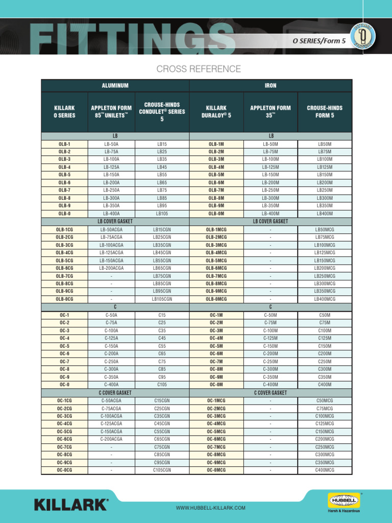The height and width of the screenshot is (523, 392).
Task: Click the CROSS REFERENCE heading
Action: click(199, 69)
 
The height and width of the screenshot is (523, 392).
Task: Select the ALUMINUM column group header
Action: click(115, 86)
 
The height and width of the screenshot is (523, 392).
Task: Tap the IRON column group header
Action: click(271, 86)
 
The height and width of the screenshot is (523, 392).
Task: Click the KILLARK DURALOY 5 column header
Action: click(216, 112)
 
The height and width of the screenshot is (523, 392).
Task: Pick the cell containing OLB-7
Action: click(64, 190)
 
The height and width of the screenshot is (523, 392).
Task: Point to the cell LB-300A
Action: click(111, 198)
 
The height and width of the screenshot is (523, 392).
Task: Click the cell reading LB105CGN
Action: click(162, 299)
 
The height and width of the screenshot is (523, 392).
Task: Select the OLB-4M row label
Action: click(216, 167)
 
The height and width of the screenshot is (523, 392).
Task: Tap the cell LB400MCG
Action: click(325, 299)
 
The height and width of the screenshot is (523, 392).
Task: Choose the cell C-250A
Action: click(111, 362)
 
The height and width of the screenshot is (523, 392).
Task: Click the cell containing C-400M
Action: click(271, 385)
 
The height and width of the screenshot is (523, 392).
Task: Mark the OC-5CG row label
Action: click(64, 432)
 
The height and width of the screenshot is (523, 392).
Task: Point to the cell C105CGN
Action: click(162, 470)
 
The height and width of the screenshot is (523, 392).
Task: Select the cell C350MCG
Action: click(325, 462)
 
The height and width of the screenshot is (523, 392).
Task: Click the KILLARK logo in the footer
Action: click(71, 505)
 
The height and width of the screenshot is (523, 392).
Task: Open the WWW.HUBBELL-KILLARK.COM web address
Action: click(211, 508)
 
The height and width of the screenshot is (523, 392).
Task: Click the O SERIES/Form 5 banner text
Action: click(323, 40)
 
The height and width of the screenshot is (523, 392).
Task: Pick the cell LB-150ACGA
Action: click(111, 260)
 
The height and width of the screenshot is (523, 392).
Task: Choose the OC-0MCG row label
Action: click(216, 470)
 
